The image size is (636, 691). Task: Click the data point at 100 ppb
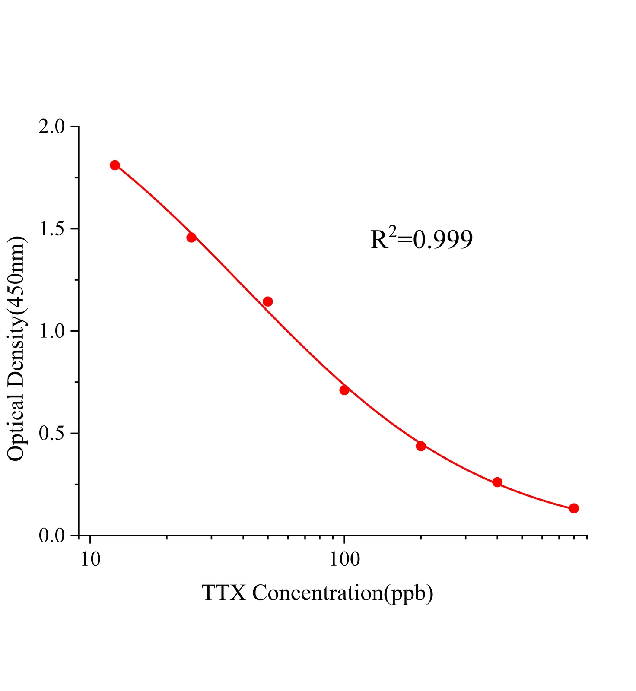pos(344,390)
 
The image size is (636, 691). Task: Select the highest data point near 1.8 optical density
pos(115,165)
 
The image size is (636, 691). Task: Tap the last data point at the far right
pos(574,508)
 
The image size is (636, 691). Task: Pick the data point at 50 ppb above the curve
pos(268,301)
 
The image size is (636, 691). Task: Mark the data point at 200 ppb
pos(421,446)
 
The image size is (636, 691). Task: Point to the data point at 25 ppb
pos(191,237)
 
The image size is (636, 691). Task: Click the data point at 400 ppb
pos(497,482)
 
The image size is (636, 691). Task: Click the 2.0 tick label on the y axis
pos(52,127)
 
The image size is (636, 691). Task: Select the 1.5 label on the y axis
pos(52,229)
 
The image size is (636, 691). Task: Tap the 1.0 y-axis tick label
pos(52,332)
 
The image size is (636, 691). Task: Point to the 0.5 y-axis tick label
pos(52,434)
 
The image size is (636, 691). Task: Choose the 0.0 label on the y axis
pos(52,536)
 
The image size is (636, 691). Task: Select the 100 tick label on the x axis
pos(344,560)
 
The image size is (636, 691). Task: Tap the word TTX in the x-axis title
pos(224,593)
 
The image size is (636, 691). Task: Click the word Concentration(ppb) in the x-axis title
pos(343,594)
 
